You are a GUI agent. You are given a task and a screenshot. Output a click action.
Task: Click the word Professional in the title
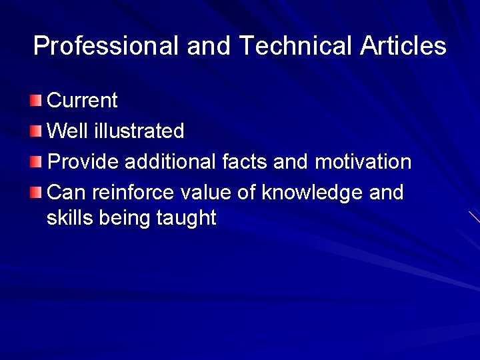click(105, 46)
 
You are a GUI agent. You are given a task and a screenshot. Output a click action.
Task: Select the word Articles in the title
click(403, 46)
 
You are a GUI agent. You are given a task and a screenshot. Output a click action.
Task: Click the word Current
click(82, 101)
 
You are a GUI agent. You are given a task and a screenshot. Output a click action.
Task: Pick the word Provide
click(83, 162)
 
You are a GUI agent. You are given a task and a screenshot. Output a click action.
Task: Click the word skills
click(70, 218)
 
